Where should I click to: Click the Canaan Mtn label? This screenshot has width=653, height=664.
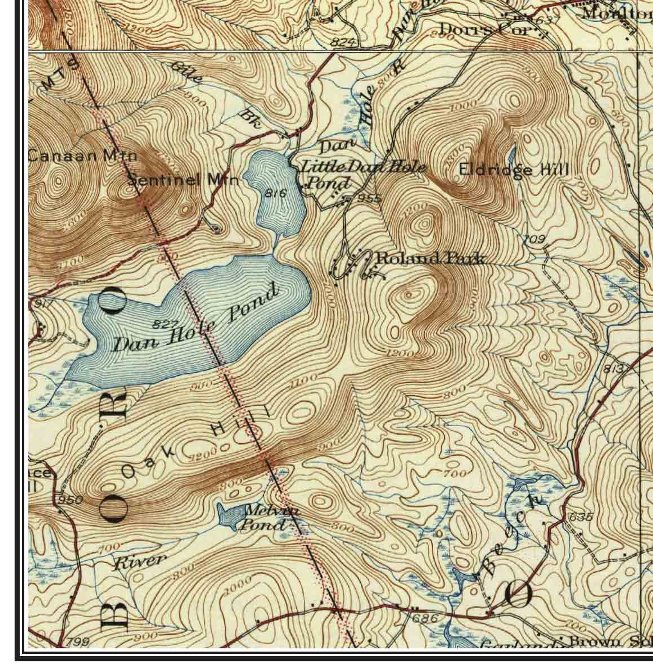coord(82,156)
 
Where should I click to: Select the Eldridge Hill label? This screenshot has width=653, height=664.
coord(514,169)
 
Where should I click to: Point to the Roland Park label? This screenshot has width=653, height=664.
coord(430,259)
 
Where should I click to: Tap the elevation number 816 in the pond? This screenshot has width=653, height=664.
coord(276,192)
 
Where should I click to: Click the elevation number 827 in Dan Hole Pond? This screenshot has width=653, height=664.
coord(165,324)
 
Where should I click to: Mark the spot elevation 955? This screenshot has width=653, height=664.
coord(369,199)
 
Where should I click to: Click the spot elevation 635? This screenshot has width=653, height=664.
coord(579,517)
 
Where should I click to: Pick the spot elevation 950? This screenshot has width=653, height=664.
coord(70,500)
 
